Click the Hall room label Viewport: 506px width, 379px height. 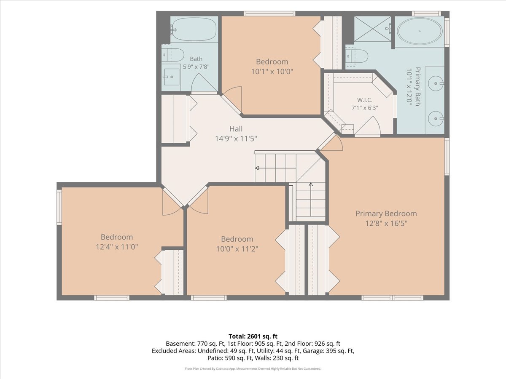236,128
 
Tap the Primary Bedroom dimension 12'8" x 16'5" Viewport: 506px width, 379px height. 386,224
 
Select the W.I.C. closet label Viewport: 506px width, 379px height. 365,100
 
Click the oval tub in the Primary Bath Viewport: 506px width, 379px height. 420,31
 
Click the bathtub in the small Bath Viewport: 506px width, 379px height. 194,29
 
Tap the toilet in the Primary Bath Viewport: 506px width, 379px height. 357,56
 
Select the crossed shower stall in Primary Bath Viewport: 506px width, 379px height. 372,29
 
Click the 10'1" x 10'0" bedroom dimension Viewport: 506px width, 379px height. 272,72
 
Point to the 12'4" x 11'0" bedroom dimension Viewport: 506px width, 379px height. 117,247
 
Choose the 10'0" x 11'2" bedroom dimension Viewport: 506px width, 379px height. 237,249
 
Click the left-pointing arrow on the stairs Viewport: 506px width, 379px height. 275,168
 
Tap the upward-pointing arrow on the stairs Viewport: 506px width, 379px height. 311,200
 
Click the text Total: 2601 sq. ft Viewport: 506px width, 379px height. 253,336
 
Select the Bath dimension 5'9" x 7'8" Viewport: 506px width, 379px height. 196,67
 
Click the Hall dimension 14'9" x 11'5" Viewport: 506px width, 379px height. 236,139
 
